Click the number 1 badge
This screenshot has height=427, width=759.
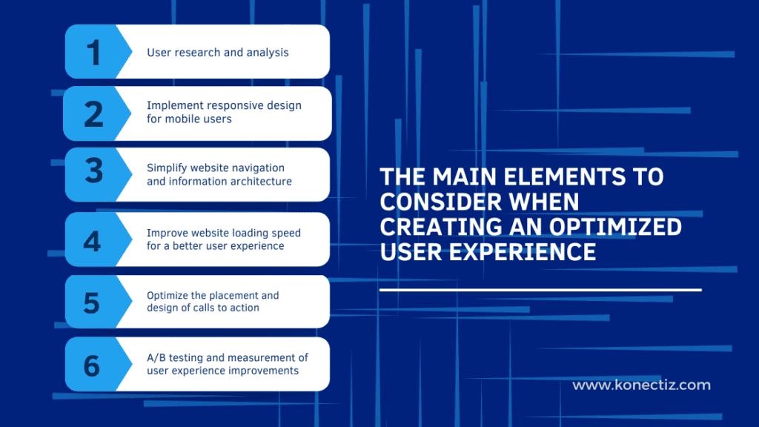(x=93, y=53)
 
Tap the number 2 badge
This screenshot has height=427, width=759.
(x=93, y=113)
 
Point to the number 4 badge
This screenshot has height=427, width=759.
(x=92, y=239)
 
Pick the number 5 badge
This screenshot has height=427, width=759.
(x=92, y=302)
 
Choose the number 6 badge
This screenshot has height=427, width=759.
(x=92, y=365)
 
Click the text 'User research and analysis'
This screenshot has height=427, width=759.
(x=217, y=53)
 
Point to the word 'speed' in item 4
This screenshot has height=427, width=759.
(x=284, y=233)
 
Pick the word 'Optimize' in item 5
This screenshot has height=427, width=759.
(x=168, y=296)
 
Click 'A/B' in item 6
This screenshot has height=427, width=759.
(x=157, y=357)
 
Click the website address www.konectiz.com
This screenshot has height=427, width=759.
(x=641, y=385)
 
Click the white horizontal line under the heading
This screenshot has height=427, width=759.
(x=540, y=290)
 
